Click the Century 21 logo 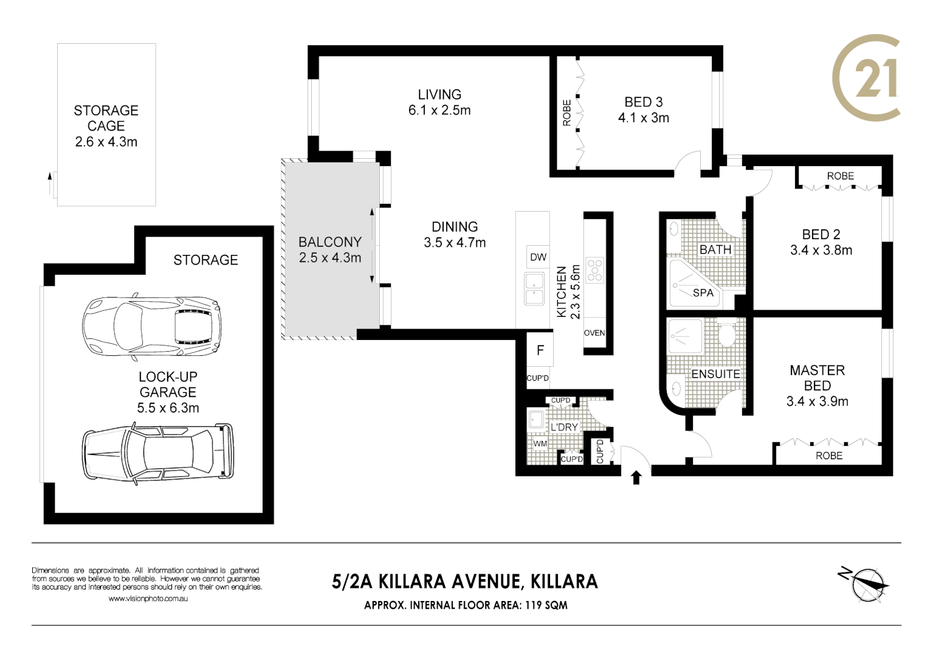(x=867, y=78)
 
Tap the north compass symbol (x=866, y=584)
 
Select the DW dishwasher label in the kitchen (x=538, y=257)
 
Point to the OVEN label (x=594, y=333)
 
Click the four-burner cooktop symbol (x=594, y=270)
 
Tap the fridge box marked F (x=540, y=350)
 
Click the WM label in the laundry (x=540, y=444)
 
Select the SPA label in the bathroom (x=703, y=293)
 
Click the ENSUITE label (x=715, y=374)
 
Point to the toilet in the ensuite (x=726, y=335)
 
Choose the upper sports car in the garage (x=151, y=327)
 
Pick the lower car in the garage (x=157, y=451)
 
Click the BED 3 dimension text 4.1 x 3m (x=643, y=118)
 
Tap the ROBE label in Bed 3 (x=566, y=113)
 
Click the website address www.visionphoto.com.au (x=148, y=599)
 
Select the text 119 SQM (x=545, y=605)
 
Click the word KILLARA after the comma (x=564, y=582)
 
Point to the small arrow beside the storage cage (x=50, y=177)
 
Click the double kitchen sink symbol (x=534, y=289)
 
